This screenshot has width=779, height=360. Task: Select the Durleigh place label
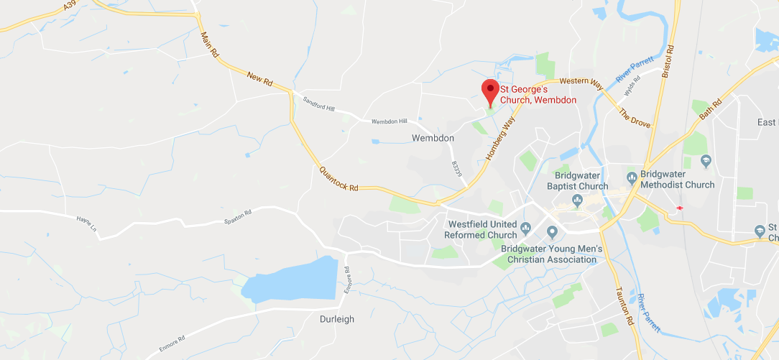pos(337,319)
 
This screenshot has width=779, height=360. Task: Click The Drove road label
pos(635,116)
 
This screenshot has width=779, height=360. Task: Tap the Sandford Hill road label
pos(320,104)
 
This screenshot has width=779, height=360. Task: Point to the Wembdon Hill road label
pos(389,121)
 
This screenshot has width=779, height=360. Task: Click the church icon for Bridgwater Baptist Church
pos(576,199)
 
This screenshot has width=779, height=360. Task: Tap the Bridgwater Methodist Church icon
pos(632,175)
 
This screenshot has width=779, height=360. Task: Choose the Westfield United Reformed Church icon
pos(525,229)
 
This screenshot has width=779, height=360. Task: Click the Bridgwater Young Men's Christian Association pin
pos(553,231)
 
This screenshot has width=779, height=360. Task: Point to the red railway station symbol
pos(678,208)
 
